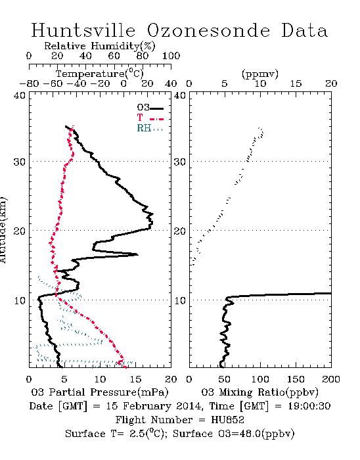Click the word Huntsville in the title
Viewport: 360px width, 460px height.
[83, 30]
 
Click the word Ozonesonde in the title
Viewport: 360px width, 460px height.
[208, 30]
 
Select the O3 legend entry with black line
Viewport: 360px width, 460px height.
[150, 108]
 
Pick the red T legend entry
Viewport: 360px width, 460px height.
[150, 118]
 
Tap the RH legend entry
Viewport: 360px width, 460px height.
[150, 128]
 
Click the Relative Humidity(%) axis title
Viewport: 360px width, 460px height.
[100, 46]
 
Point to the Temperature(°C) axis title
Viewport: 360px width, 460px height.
[99, 74]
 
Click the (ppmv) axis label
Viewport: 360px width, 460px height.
[260, 74]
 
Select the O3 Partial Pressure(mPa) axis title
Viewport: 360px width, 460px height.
[100, 392]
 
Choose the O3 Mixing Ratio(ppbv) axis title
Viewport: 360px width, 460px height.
[259, 392]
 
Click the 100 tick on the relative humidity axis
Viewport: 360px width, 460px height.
[171, 55]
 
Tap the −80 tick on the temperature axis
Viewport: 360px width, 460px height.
[29, 83]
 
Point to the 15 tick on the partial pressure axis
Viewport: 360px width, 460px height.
[135, 379]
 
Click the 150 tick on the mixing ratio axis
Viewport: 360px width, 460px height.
[296, 379]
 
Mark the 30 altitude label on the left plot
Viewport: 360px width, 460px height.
[19, 162]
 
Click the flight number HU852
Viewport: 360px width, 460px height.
[227, 420]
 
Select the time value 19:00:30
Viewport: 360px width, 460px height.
[309, 406]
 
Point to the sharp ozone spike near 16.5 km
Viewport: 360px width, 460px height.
[137, 254]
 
